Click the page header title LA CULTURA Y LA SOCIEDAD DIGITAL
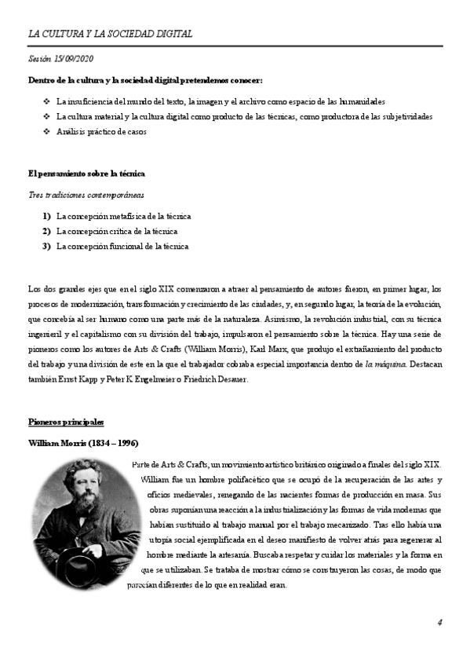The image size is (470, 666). coord(110,34)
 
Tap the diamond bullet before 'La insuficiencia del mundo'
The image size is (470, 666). coord(46,102)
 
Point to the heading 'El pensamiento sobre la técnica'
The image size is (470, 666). coord(86,173)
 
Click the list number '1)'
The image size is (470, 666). coord(47,216)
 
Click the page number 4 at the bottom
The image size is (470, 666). coord(440,622)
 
